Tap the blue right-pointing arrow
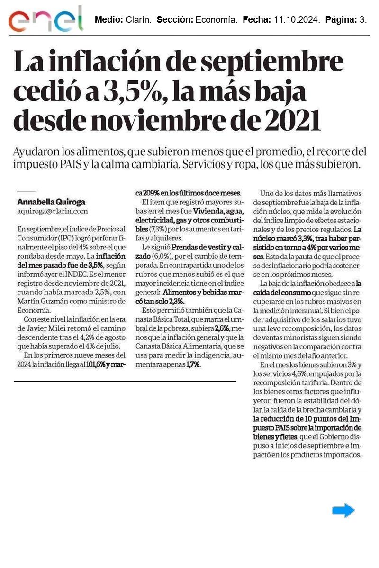pos(343,510)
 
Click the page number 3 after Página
pos(363,20)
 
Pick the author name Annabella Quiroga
pos(51,201)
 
